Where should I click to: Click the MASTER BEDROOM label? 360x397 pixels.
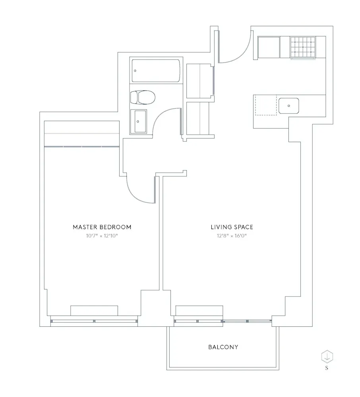click(102, 227)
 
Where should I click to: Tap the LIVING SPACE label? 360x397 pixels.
click(232, 227)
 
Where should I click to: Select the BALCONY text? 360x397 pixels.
click(223, 347)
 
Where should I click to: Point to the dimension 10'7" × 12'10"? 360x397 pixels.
click(102, 236)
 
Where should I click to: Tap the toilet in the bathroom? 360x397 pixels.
click(143, 96)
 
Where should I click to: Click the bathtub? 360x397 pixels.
click(156, 71)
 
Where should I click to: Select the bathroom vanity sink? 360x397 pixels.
click(139, 121)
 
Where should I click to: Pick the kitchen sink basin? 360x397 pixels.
click(289, 106)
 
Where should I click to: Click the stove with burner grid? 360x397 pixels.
click(303, 47)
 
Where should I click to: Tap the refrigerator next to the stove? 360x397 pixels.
click(269, 47)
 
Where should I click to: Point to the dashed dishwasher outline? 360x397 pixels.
click(265, 105)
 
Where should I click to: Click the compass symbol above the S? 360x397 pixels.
click(327, 356)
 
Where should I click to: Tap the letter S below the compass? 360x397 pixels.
click(327, 368)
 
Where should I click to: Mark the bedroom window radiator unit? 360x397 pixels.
click(94, 310)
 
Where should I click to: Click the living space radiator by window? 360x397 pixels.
click(199, 310)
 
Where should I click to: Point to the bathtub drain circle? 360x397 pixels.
click(135, 71)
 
